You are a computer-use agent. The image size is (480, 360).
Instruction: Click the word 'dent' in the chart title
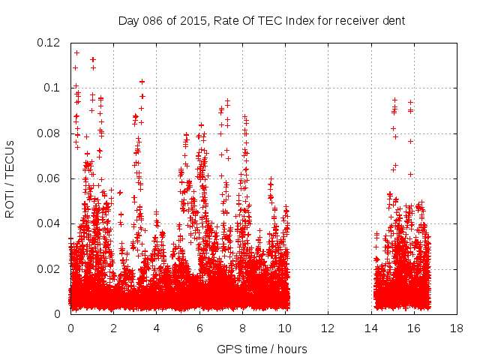(x=392, y=20)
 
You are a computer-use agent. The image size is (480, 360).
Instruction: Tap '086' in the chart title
(x=151, y=20)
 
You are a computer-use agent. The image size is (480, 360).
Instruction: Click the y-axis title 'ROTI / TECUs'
(x=10, y=178)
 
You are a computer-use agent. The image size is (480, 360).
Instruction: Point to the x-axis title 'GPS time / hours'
(x=262, y=349)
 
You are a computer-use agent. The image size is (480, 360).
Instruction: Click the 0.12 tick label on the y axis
(x=49, y=43)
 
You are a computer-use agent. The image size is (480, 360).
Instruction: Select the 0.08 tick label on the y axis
(x=49, y=133)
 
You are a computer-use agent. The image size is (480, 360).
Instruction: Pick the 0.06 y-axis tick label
(x=49, y=178)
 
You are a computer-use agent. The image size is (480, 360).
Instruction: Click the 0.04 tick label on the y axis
(x=49, y=223)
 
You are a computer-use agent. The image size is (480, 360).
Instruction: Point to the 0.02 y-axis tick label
(x=49, y=269)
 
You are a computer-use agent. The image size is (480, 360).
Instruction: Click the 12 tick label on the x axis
(x=328, y=328)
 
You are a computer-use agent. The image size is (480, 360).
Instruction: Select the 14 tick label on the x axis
(x=370, y=328)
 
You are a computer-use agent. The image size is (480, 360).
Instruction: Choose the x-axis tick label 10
(x=285, y=328)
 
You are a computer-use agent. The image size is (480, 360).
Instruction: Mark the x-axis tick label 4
(x=157, y=328)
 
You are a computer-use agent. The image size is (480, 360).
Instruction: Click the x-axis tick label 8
(x=242, y=328)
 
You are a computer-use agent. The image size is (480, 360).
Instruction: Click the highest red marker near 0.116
(x=76, y=52)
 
